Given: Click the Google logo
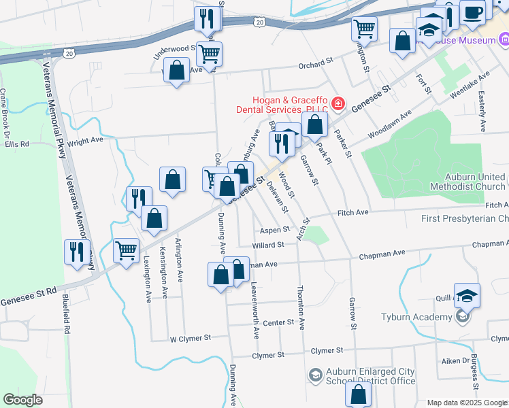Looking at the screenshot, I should (x=22, y=400).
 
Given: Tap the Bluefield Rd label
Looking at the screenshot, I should (x=67, y=318).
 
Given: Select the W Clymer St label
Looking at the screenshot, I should (x=191, y=337).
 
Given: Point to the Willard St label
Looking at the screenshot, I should (x=267, y=245).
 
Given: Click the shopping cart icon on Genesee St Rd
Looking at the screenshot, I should (x=126, y=250).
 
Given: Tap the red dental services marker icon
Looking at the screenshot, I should (x=338, y=104).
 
